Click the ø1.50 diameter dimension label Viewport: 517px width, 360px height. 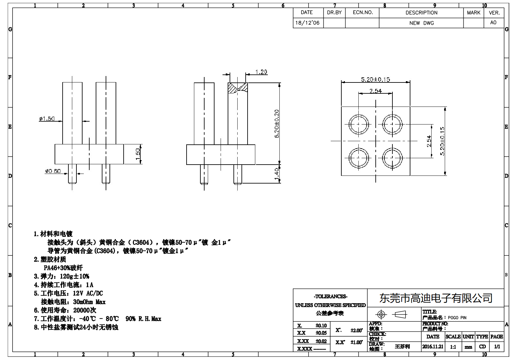coord(47,119)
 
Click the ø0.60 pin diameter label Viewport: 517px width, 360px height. coord(53,171)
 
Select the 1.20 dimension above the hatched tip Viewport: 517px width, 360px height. coord(261,72)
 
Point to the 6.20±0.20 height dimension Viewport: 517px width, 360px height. coord(277,124)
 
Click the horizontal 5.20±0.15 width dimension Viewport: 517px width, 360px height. coord(375,79)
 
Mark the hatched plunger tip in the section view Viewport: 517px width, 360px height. coord(238,88)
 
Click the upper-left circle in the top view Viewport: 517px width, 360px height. coord(359,124)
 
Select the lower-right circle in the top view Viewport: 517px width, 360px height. coord(392,158)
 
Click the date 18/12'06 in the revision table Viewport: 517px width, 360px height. coord(307,23)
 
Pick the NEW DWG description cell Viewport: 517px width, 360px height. coord(421,23)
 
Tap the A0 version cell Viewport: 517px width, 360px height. coord(493,22)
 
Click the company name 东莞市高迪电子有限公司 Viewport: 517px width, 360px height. coord(436,298)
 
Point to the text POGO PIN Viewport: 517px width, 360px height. coord(457,318)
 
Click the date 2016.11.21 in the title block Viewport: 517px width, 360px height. coord(433,347)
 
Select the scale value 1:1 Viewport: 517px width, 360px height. coord(453,347)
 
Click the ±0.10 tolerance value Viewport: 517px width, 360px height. coord(321,325)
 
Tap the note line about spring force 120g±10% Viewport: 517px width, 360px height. coord(62,276)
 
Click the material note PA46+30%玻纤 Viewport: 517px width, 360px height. coord(63,268)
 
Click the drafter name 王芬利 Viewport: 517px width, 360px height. coord(402,347)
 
